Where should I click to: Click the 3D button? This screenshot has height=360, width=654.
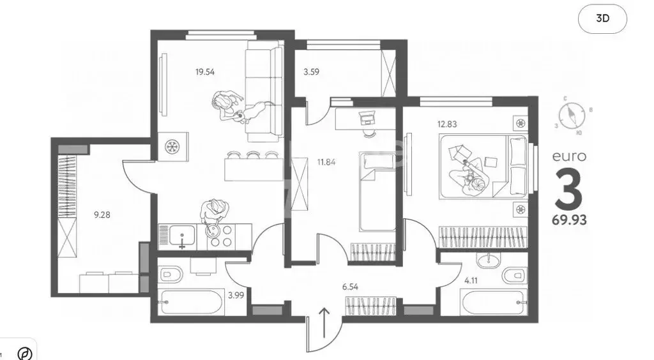click(x=602, y=19)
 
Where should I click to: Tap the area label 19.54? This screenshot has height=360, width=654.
click(x=205, y=72)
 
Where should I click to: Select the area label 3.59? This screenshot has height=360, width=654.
click(x=311, y=72)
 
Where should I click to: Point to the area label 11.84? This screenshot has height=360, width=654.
click(x=326, y=161)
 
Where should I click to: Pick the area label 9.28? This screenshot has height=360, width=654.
click(x=102, y=215)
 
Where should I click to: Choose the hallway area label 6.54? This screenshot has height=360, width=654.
click(x=351, y=287)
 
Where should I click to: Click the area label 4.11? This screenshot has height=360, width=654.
click(x=471, y=279)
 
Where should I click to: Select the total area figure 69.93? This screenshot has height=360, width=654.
click(x=569, y=221)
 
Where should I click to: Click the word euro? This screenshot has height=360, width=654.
click(x=569, y=156)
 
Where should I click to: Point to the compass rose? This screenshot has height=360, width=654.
click(x=570, y=117)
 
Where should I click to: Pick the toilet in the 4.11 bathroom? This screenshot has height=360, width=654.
click(x=513, y=276)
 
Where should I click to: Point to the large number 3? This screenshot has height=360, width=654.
click(x=568, y=188)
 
